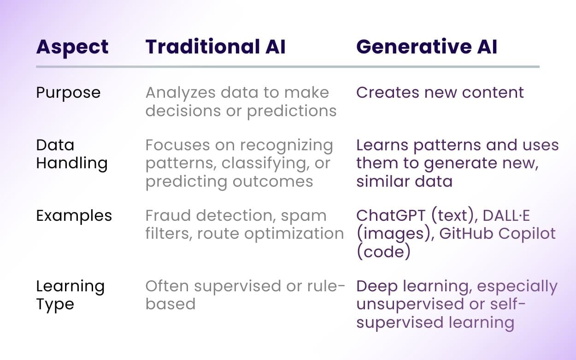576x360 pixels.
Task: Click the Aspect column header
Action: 72,47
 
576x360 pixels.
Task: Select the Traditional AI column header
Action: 215,47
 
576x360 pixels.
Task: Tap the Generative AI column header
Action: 427,47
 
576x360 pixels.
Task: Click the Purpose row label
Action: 68,93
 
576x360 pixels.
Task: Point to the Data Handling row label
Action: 71,154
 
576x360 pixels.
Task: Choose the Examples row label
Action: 74,216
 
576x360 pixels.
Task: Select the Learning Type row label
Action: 70,295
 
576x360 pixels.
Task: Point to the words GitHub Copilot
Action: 497,234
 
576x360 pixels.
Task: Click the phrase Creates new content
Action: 440,92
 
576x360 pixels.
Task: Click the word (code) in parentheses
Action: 383,252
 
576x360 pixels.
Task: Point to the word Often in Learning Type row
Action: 167,286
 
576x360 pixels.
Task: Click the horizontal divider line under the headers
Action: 288,67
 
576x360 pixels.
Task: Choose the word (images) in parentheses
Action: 394,234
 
